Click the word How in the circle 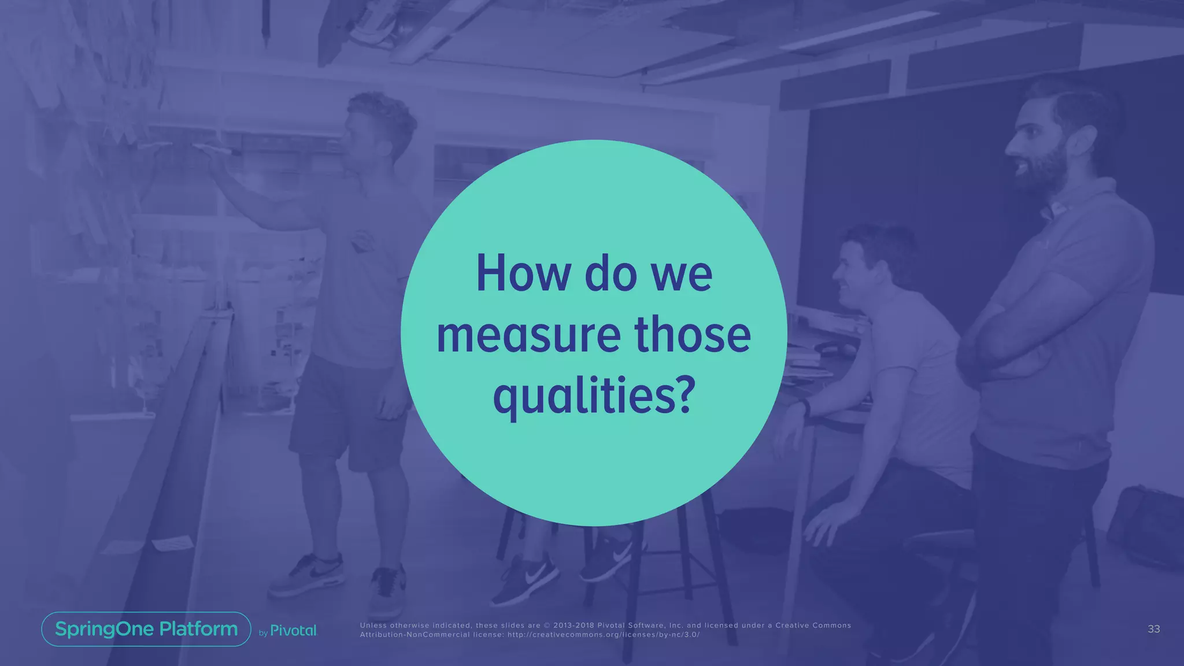523,274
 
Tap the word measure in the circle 527,335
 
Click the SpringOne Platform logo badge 146,629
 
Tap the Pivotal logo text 293,631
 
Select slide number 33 1153,629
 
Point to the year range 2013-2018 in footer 573,625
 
